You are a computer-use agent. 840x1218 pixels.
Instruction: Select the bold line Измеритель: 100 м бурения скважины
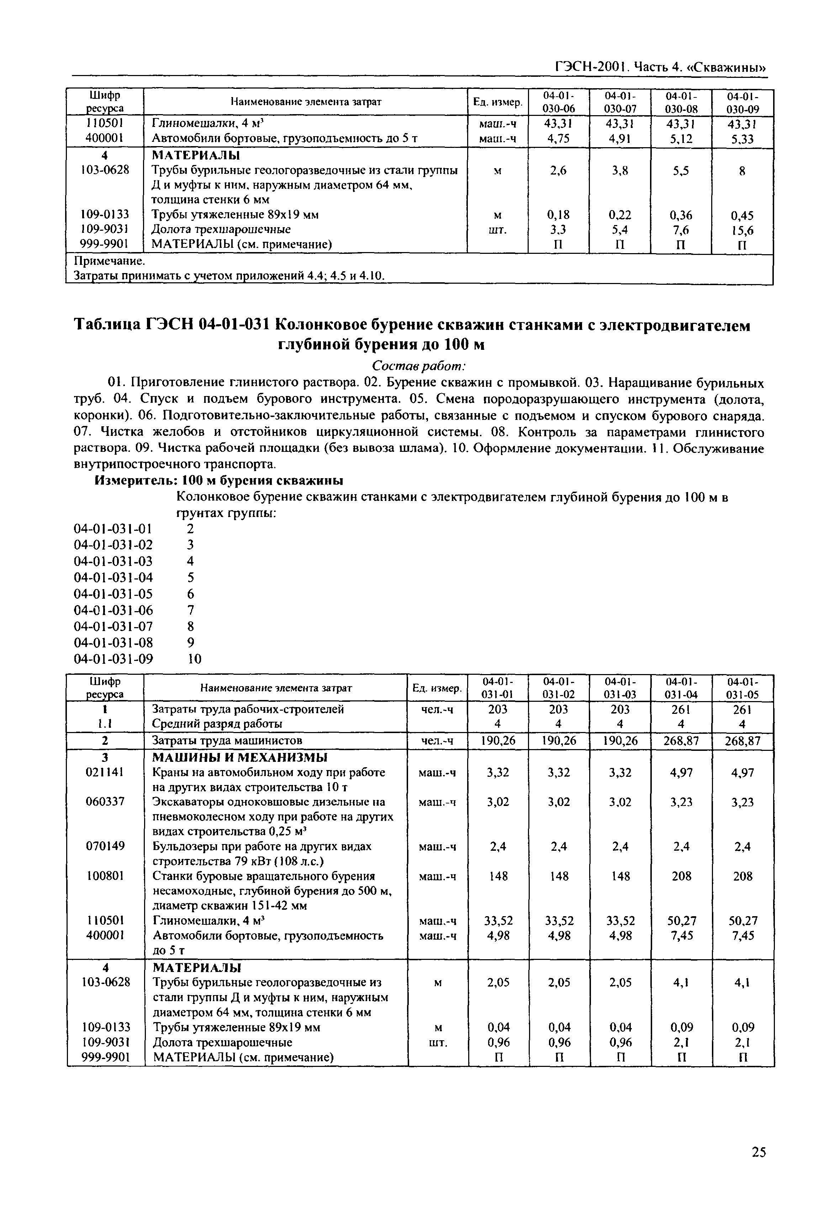click(218, 480)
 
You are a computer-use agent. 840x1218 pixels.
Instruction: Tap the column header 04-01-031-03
click(620, 688)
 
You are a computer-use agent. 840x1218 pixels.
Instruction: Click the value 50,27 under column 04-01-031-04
click(682, 921)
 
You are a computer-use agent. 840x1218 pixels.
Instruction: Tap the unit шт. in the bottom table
click(438, 1042)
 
